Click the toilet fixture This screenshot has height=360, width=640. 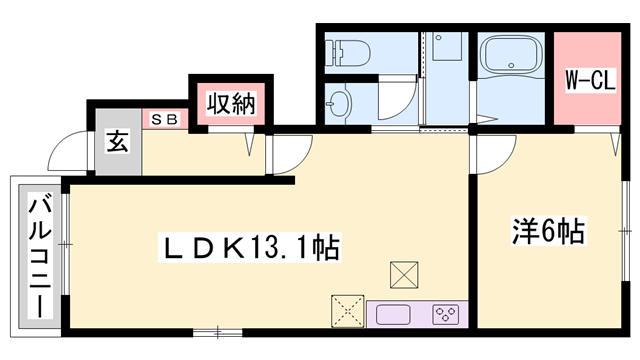point(348,50)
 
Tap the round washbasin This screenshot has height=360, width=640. point(340,102)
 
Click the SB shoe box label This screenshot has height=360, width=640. point(165,119)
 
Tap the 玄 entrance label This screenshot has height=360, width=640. point(118,141)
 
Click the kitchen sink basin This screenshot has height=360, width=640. point(393,314)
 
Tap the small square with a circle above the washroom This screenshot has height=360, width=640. point(443,45)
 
